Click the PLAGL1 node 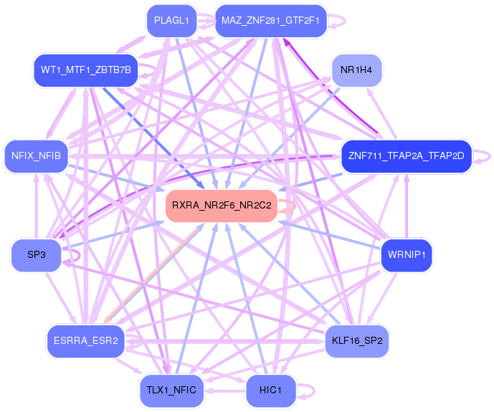[x=171, y=21]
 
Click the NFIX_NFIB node [x=36, y=155]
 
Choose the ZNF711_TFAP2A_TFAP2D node [x=407, y=155]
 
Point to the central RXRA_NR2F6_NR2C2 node [x=222, y=206]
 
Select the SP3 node [x=36, y=255]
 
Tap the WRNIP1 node [x=407, y=255]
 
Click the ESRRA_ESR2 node [x=85, y=340]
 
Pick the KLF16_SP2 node [x=356, y=340]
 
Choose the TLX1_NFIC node [x=171, y=390]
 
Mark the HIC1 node [x=270, y=390]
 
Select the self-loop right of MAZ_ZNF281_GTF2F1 [x=343, y=21]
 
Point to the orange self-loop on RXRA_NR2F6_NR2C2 [x=290, y=206]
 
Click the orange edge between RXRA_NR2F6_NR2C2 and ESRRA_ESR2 [x=154, y=272]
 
